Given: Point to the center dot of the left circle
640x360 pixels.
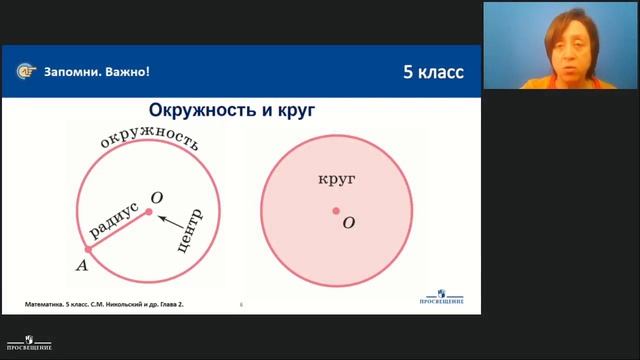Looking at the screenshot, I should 149,212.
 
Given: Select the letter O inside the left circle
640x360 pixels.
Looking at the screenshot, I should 155,197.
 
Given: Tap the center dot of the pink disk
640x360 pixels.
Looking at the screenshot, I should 336,211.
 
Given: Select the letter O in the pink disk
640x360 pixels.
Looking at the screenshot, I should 348,223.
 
